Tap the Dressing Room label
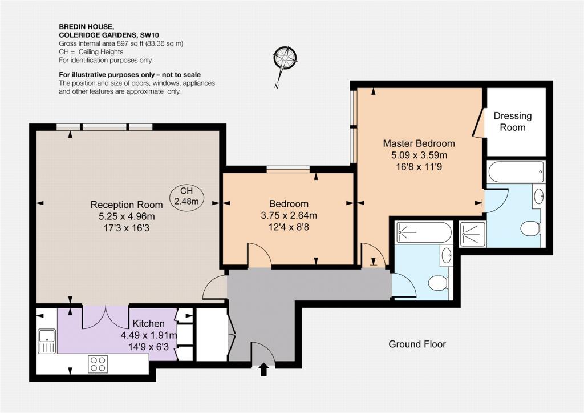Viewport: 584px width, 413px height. [513, 122]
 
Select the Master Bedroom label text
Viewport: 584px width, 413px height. [419, 143]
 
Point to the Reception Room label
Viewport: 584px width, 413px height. [127, 205]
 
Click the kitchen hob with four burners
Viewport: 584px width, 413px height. [98, 364]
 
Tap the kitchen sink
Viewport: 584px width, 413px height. [47, 341]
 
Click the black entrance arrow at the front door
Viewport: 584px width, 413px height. [263, 370]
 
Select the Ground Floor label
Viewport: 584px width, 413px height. [417, 344]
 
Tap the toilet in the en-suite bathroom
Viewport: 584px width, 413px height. [530, 228]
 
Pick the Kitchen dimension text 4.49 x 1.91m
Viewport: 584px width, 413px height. [149, 335]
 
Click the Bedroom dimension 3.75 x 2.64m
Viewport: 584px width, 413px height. [289, 215]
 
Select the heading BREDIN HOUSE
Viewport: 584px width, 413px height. [86, 26]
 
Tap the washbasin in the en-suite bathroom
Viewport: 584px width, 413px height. [538, 195]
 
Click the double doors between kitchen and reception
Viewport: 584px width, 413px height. [106, 317]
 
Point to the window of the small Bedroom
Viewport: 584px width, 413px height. [288, 170]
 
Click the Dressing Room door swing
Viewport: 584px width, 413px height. [478, 123]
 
